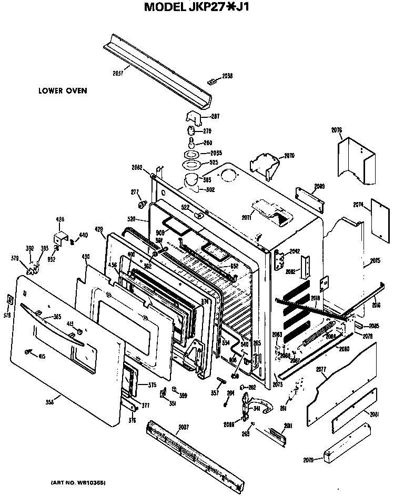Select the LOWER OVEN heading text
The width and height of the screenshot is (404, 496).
63,90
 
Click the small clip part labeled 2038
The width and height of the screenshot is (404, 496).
211,82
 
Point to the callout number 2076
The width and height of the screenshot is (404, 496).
337,130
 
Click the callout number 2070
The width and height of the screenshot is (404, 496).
289,156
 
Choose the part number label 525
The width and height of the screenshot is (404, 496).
214,163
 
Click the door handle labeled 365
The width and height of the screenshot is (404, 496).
58,327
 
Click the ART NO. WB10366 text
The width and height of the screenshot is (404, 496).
78,482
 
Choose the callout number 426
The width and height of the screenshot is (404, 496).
60,219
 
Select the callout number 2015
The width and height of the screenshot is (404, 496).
375,260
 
